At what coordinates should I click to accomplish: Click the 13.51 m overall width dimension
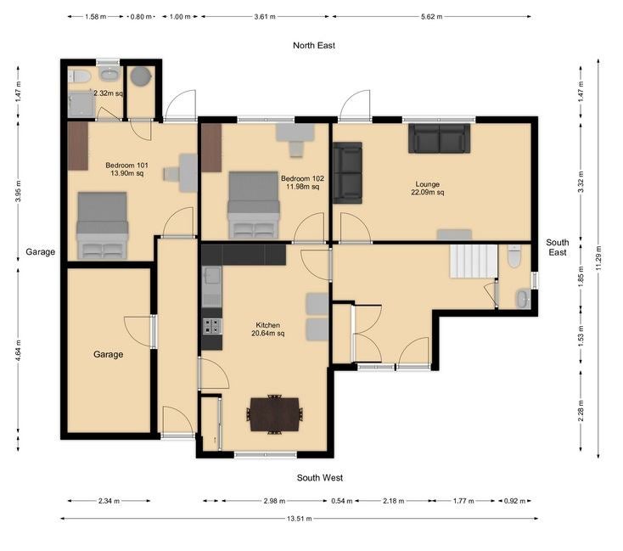[x=299, y=519]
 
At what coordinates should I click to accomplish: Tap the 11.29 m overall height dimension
[x=598, y=258]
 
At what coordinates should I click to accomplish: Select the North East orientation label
[x=314, y=45]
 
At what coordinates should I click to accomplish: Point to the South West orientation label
[x=320, y=477]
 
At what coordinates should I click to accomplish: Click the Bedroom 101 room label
[x=126, y=166]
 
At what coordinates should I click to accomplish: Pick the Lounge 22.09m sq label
[x=428, y=188]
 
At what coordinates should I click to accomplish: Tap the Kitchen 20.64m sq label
[x=268, y=329]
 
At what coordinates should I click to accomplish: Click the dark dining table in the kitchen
[x=274, y=414]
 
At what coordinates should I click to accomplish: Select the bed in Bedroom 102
[x=254, y=205]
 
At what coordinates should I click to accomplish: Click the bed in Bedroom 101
[x=103, y=226]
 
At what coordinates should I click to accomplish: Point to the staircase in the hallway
[x=474, y=261]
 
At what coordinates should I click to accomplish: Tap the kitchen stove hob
[x=212, y=326]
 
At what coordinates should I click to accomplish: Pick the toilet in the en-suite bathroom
[x=80, y=76]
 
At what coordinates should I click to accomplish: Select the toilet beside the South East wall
[x=514, y=256]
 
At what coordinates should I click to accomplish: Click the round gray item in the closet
[x=141, y=76]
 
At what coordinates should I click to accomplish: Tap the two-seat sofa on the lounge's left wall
[x=347, y=173]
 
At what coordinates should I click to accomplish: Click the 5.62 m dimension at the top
[x=431, y=17]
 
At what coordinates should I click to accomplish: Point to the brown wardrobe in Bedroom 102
[x=211, y=148]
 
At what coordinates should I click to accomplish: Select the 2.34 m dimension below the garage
[x=109, y=501]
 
